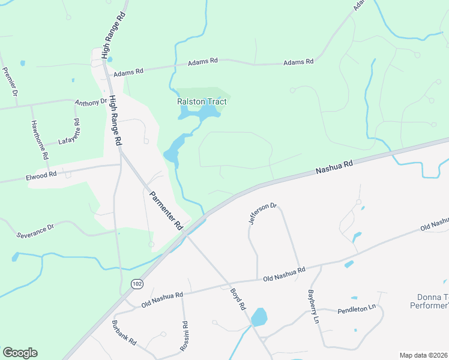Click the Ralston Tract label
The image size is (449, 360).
point(202,101)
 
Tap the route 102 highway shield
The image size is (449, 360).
point(137,283)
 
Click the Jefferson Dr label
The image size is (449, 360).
point(263,214)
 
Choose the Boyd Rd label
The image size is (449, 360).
point(239,298)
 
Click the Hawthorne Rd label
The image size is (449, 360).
point(39,139)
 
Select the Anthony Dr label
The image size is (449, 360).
point(91,103)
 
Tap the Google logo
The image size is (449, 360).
point(20,353)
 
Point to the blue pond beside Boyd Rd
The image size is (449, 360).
point(259,317)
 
